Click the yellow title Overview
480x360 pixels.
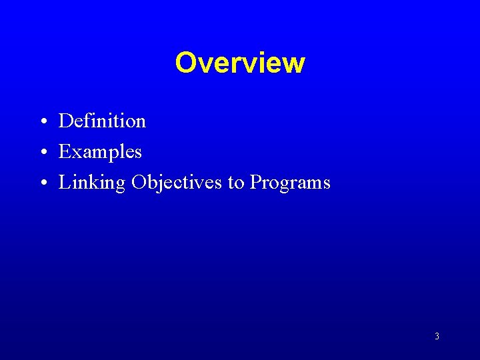tap(240, 63)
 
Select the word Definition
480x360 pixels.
tap(102, 121)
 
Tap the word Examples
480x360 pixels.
tap(100, 152)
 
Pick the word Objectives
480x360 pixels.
tap(177, 183)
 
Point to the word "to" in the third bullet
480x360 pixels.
tap(236, 183)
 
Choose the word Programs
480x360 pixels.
tap(290, 183)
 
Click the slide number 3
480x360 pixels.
tap(437, 337)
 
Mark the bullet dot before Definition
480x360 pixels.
tap(42, 122)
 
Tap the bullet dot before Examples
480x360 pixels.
tap(42, 153)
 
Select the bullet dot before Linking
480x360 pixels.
tap(42, 183)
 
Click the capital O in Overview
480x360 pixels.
tap(186, 63)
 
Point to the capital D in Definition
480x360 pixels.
tap(65, 121)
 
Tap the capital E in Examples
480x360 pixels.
tap(65, 152)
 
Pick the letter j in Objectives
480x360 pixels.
tap(155, 183)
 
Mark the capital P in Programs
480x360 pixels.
tap(256, 183)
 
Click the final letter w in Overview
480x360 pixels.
tap(294, 65)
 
